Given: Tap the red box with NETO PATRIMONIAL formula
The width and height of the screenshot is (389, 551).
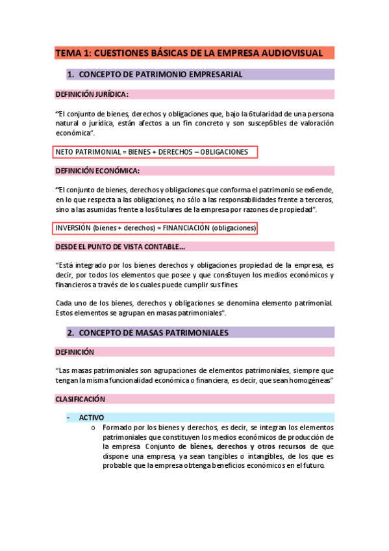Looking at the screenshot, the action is pyautogui.click(x=156, y=152).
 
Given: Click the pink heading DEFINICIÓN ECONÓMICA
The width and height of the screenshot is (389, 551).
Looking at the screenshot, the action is pyautogui.click(x=97, y=171).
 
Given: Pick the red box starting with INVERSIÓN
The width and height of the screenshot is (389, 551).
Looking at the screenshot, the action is pyautogui.click(x=156, y=228).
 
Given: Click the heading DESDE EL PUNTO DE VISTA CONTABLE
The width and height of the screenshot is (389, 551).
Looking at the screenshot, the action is pyautogui.click(x=120, y=247).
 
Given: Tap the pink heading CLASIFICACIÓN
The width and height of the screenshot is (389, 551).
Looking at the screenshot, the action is pyautogui.click(x=81, y=398).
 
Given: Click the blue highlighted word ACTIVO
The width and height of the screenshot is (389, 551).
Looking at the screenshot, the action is pyautogui.click(x=92, y=417).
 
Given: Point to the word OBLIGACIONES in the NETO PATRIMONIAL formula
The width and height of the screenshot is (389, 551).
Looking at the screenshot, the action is pyautogui.click(x=223, y=152).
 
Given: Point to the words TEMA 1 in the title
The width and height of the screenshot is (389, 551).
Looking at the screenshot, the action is pyautogui.click(x=72, y=53).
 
